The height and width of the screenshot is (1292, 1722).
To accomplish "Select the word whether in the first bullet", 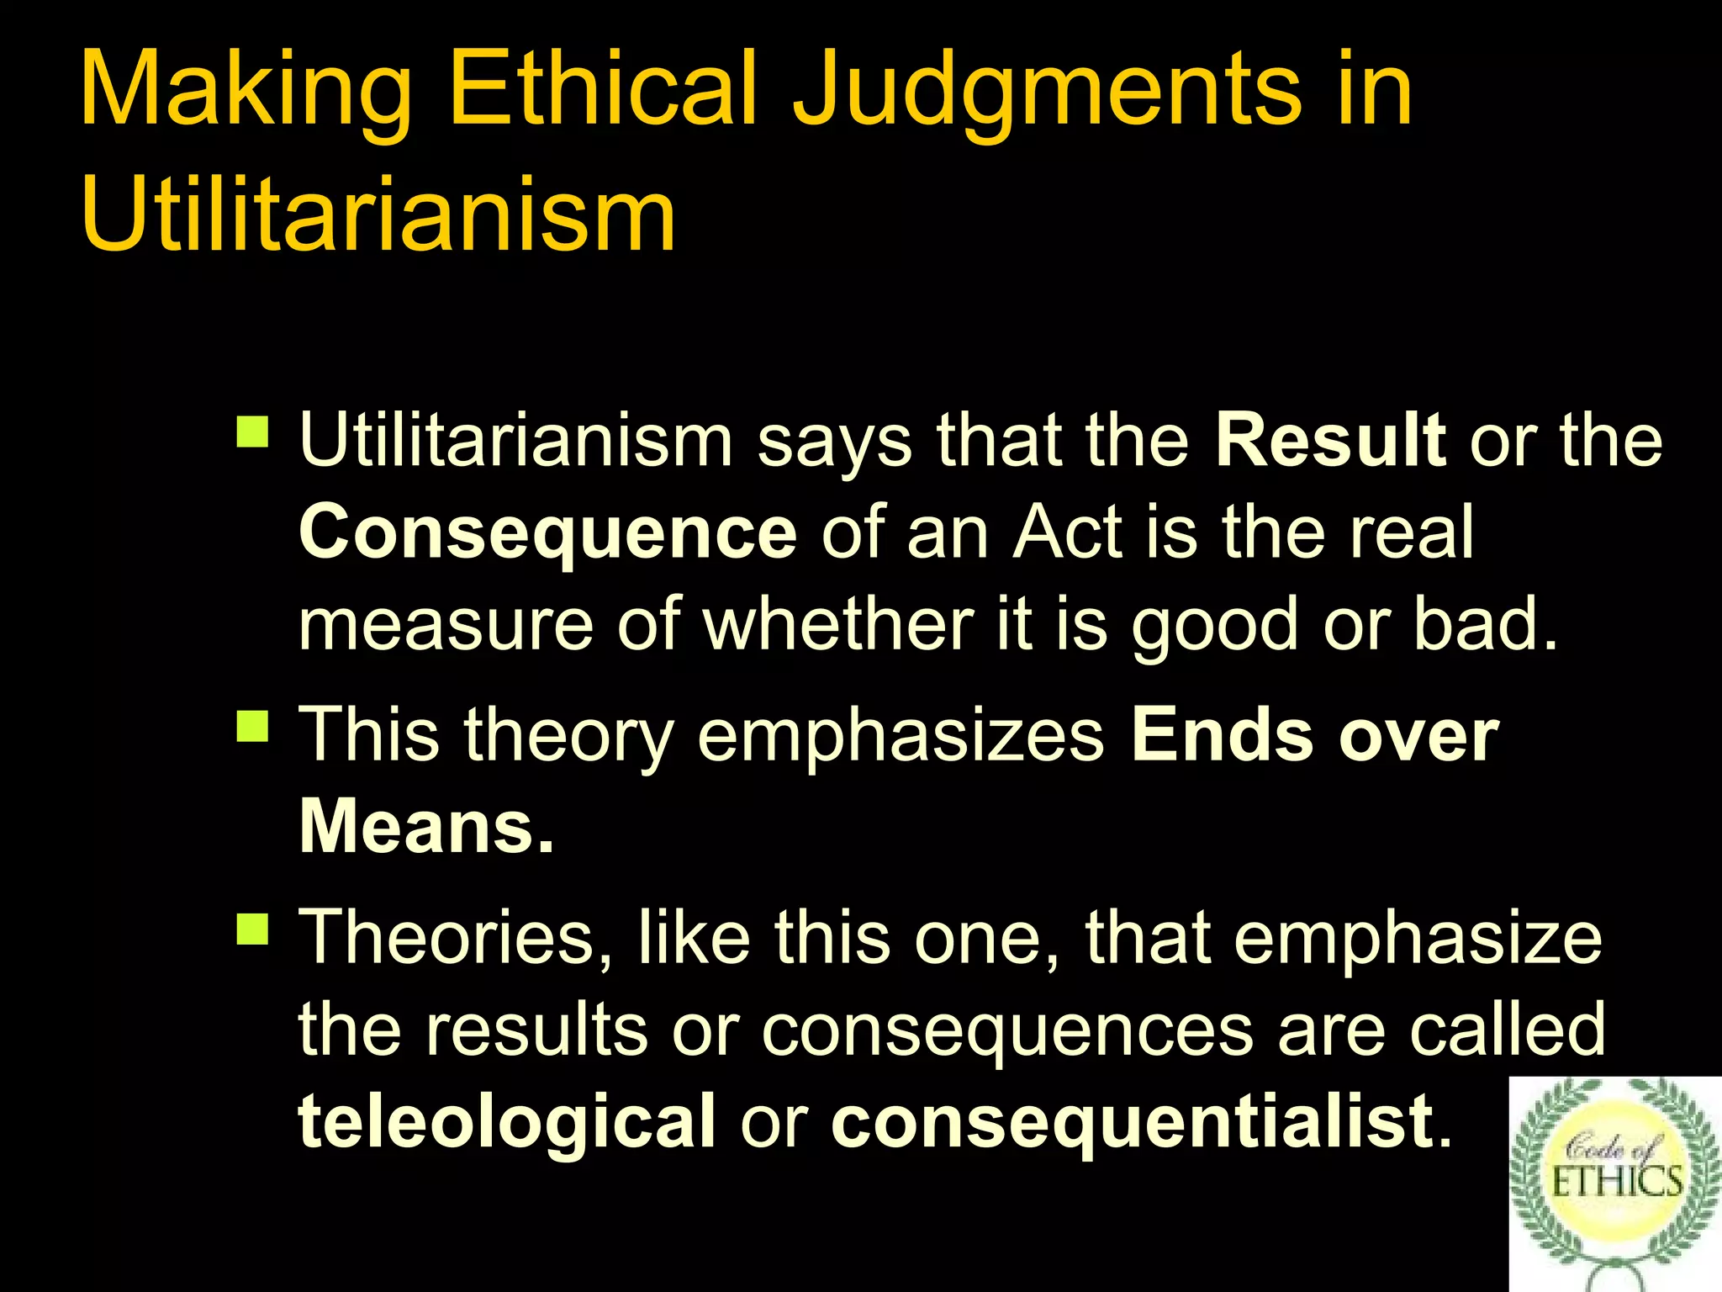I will [837, 624].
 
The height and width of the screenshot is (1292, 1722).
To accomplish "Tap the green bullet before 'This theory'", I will [253, 726].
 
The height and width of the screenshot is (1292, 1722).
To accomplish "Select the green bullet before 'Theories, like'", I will [253, 929].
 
